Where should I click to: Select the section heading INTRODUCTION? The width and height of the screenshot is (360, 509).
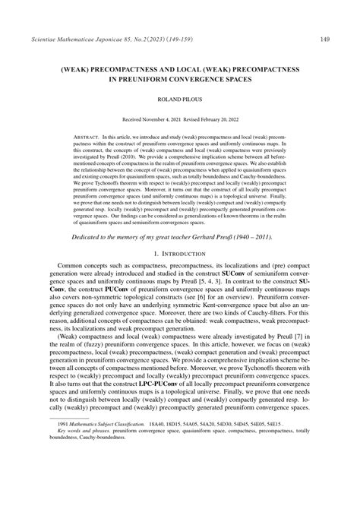186,252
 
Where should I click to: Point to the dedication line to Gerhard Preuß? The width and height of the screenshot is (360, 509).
179,236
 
